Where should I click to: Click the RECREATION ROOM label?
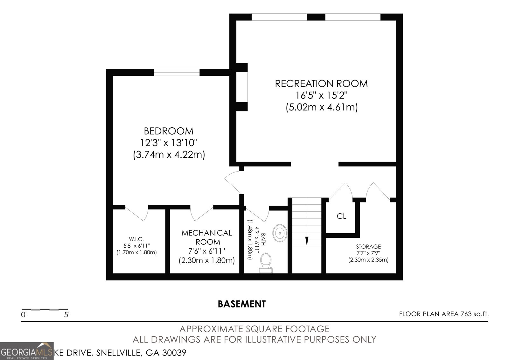[x=321, y=84]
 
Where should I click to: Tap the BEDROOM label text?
[x=169, y=131]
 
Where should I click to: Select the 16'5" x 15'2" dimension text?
[x=321, y=95]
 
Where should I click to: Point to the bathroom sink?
[x=280, y=233]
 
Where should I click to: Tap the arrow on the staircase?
[x=307, y=241]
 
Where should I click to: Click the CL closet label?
[x=341, y=216]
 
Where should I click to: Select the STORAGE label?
[x=368, y=246]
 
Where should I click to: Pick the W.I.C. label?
[x=136, y=239]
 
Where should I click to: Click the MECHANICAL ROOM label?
[x=206, y=237]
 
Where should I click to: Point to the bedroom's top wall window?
[x=177, y=72]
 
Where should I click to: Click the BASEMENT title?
[x=242, y=304]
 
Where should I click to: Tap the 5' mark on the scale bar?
[x=66, y=315]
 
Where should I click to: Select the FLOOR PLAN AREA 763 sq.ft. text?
[x=444, y=314]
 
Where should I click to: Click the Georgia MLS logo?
[x=27, y=351]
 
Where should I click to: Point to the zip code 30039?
[x=174, y=353]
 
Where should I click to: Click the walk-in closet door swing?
[x=137, y=214]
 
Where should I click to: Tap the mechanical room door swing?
[x=202, y=214]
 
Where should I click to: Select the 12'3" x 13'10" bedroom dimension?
[x=169, y=143]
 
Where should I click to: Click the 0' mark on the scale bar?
[x=24, y=315]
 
